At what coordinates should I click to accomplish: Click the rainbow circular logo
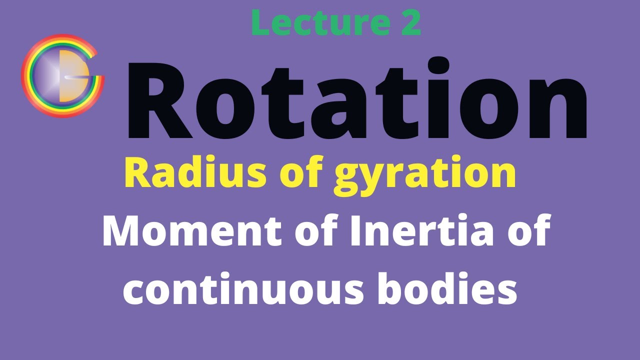click(62, 76)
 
